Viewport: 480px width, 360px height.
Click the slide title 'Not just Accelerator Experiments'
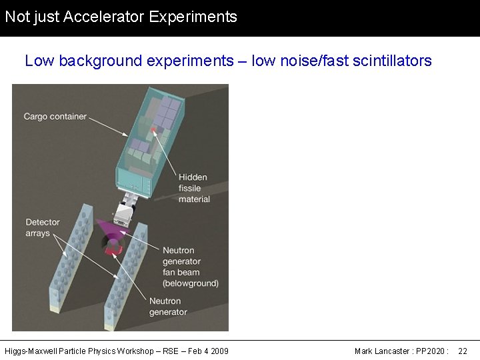[x=121, y=17]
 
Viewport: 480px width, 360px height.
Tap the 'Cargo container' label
[x=55, y=117]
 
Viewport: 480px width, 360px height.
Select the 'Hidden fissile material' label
[x=193, y=188]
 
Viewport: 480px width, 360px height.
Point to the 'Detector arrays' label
[x=43, y=227]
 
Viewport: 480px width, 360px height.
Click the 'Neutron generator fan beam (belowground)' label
[x=190, y=267]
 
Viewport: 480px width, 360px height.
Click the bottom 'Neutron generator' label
[x=168, y=307]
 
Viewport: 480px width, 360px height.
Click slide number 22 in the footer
[x=463, y=351]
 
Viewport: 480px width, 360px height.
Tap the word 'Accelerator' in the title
[x=104, y=17]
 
